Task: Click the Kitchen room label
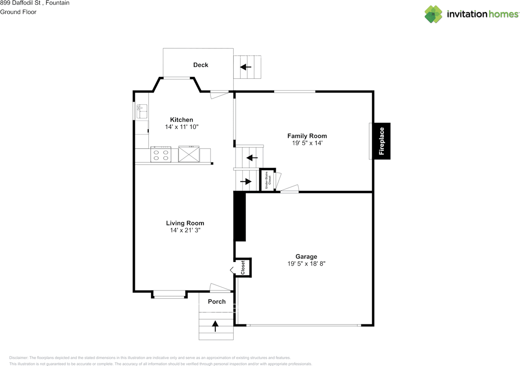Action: tap(181, 120)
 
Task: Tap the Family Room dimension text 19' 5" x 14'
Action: tap(307, 143)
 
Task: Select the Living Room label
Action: tap(185, 223)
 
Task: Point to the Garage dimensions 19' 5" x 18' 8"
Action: tap(306, 264)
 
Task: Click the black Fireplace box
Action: tap(382, 141)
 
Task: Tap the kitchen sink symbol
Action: tap(142, 108)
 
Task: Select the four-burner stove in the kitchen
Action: tap(160, 155)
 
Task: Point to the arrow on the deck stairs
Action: tap(246, 67)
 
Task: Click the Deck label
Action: tap(201, 65)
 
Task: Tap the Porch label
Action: tap(217, 301)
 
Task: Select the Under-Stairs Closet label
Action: tap(267, 180)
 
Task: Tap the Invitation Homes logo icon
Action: tap(433, 14)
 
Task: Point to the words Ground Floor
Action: tap(18, 12)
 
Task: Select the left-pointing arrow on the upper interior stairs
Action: tap(252, 157)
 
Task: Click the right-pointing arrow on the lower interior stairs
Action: tap(246, 182)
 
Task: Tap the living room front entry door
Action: tap(220, 288)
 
